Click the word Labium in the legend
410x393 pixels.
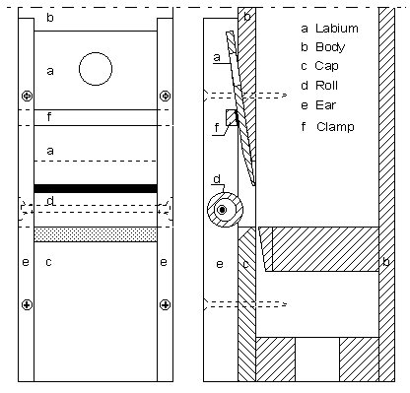click(337, 29)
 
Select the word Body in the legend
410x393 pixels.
click(330, 47)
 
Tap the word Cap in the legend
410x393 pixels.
click(326, 66)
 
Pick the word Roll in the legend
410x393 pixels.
click(326, 86)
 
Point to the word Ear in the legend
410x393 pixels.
click(326, 105)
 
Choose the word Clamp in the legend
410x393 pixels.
click(335, 126)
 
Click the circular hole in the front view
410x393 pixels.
click(96, 69)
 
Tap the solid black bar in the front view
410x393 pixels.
click(96, 188)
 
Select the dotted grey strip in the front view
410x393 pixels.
click(96, 234)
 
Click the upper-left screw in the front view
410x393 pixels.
click(27, 96)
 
